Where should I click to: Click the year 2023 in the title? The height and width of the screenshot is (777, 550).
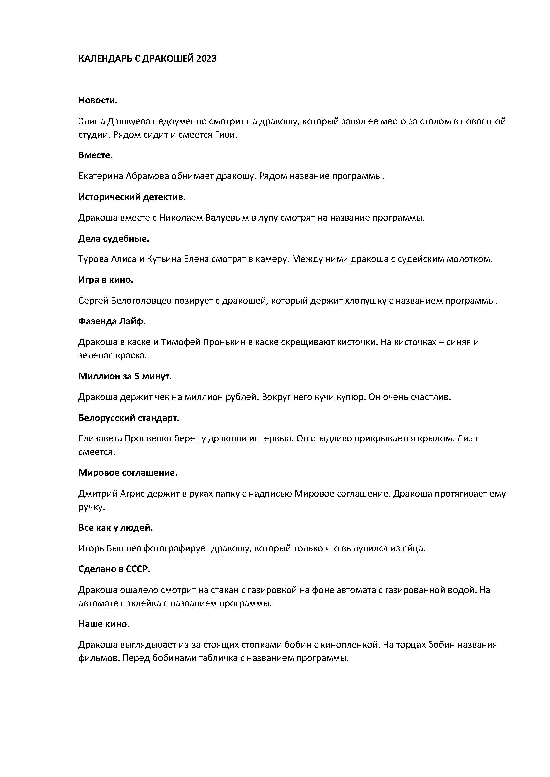click(206, 59)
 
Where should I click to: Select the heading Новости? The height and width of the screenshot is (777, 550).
click(98, 100)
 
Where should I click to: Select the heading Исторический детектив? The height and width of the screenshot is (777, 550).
click(132, 197)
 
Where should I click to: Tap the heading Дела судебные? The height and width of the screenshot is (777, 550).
click(114, 239)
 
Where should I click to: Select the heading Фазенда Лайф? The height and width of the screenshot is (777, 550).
click(112, 321)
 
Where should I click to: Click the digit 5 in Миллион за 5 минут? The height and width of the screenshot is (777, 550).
click(136, 376)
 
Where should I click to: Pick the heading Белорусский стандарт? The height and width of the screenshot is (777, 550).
click(129, 418)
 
